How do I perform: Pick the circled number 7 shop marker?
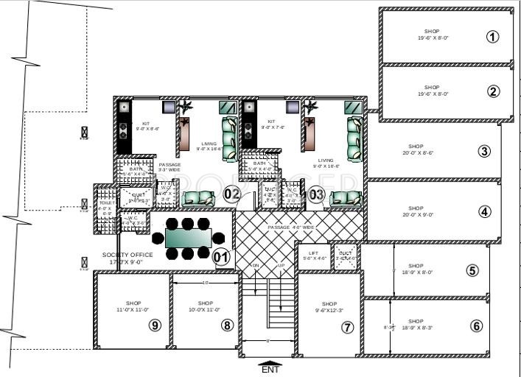pos(347,326)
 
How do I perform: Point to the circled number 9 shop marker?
pos(154,325)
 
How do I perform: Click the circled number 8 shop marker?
pos(227,325)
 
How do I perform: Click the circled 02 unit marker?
pos(233,194)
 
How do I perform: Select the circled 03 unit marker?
pos(316,194)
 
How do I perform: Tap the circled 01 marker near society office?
pos(221,257)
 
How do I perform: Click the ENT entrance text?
pos(270,370)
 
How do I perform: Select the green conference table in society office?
pos(188,239)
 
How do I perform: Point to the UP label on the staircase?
pos(281,265)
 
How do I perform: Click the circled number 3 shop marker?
pos(484,152)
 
